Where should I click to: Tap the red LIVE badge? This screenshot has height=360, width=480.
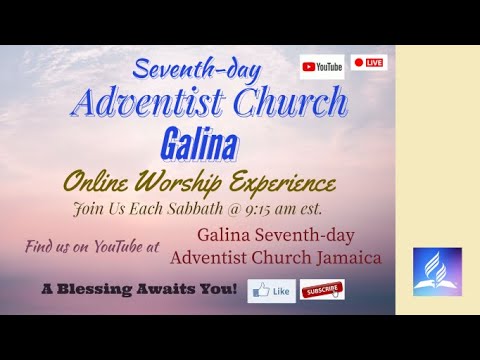tap(370, 63)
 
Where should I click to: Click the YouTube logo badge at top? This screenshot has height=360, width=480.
tap(322, 66)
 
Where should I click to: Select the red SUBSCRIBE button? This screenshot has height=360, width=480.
tap(323, 289)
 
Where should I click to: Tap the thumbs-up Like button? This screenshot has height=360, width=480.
tap(272, 290)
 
